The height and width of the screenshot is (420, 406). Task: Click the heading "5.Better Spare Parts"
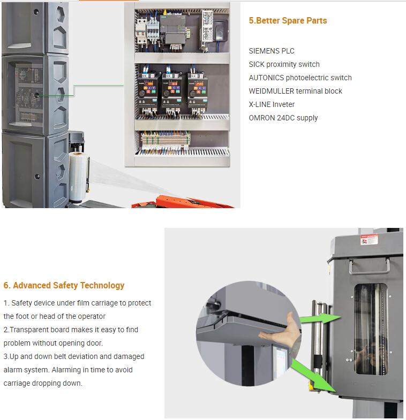point(288,21)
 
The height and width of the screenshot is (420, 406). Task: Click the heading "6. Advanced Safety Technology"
point(64,286)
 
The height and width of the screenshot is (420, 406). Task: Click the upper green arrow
point(320,318)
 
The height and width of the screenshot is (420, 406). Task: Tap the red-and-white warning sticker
point(369,240)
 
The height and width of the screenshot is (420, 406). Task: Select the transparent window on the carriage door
point(371,329)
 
